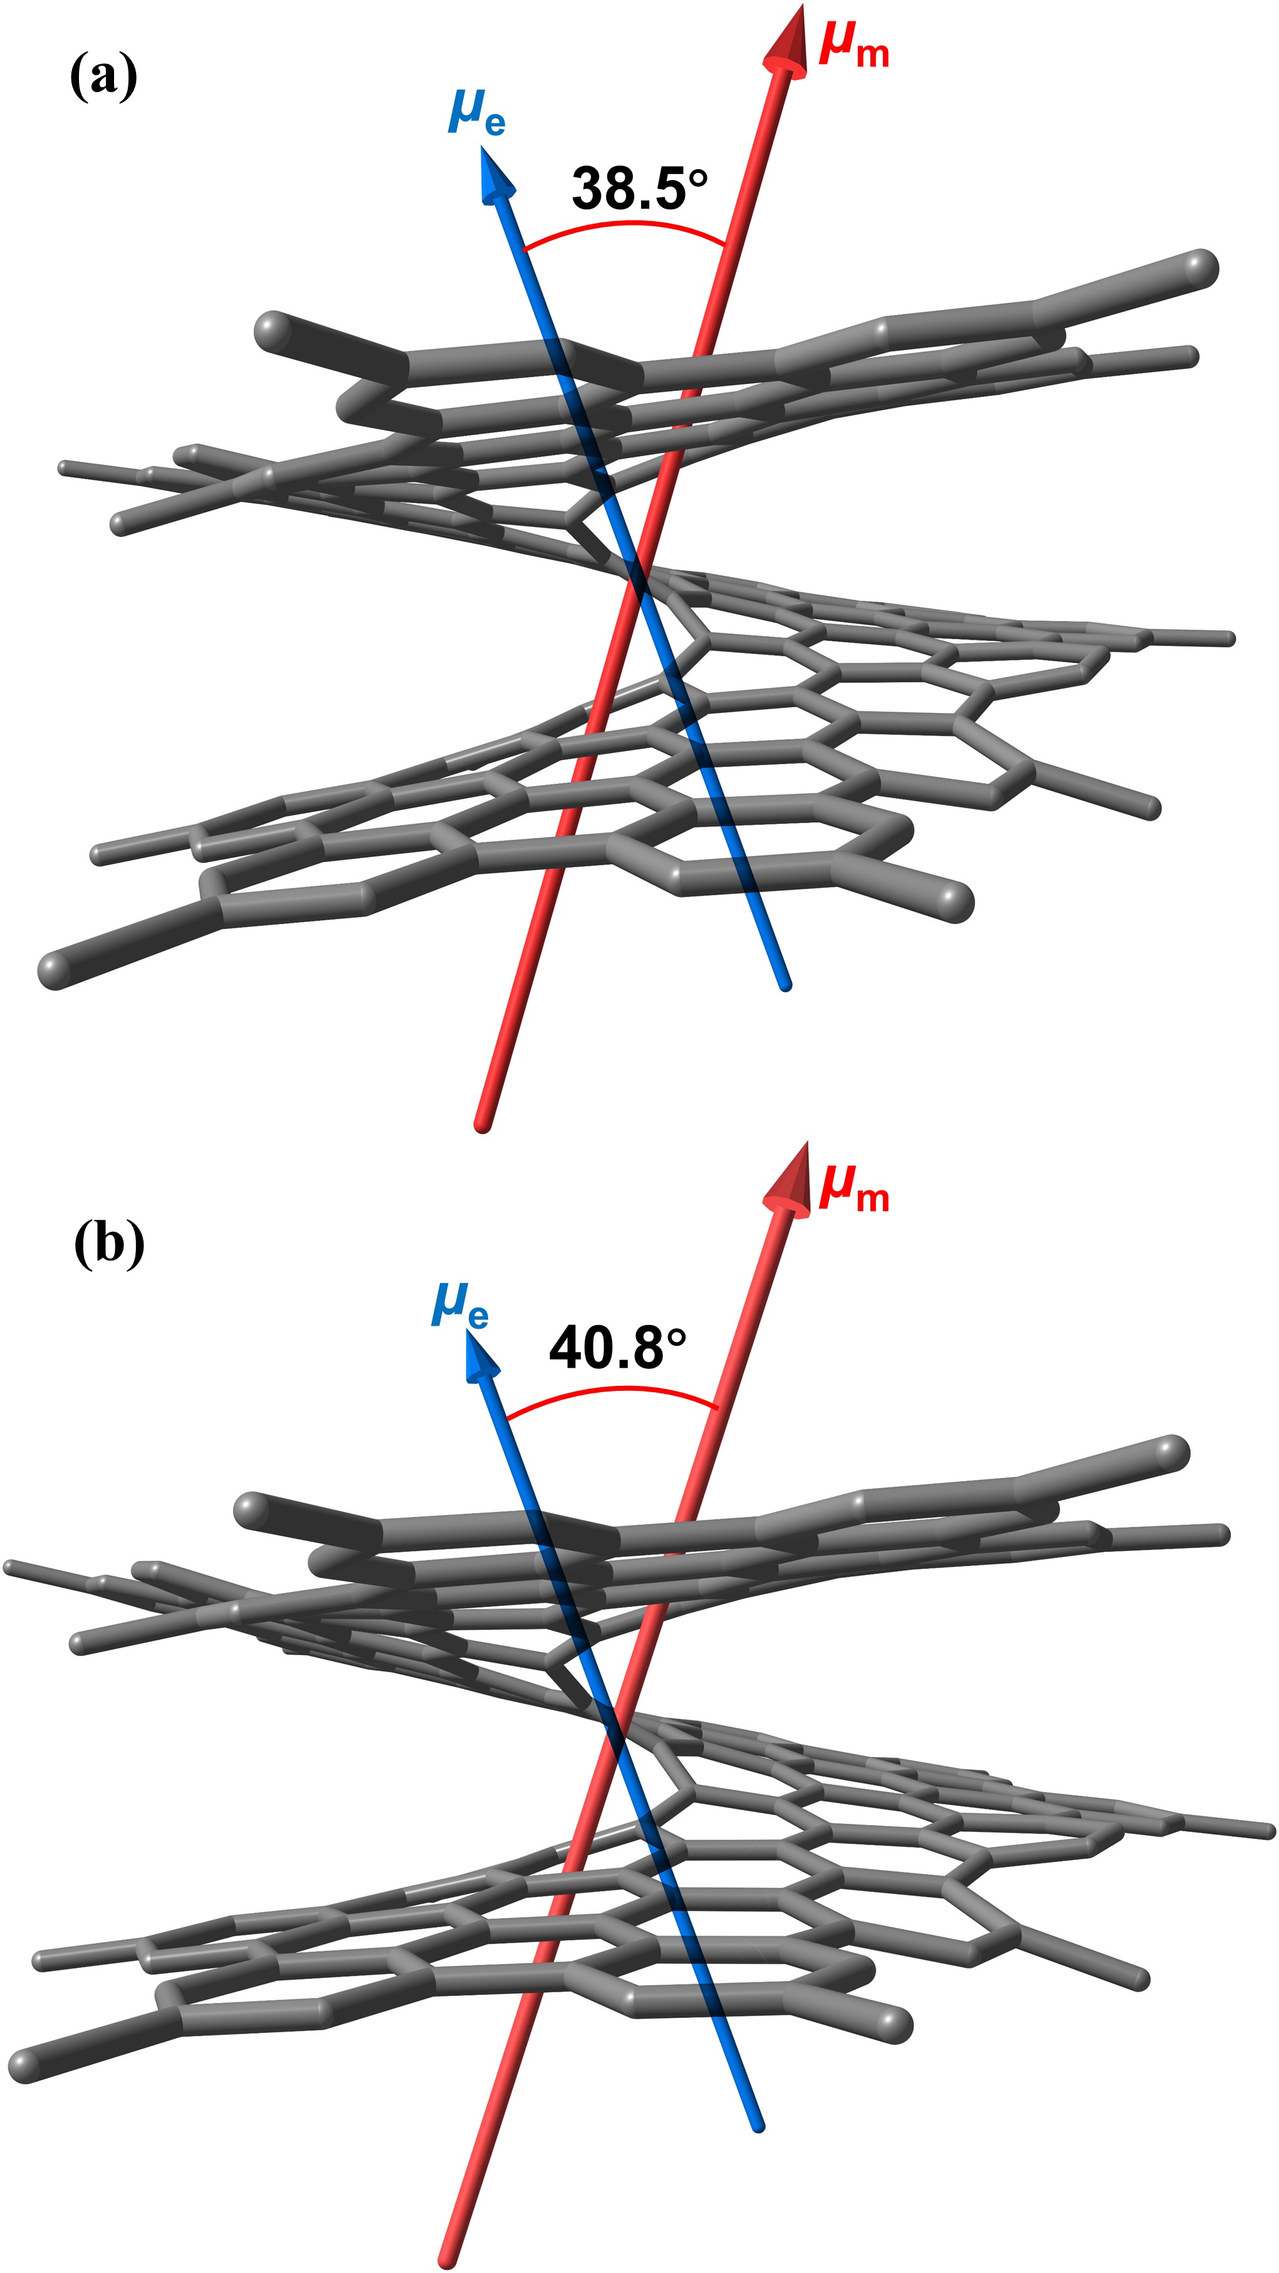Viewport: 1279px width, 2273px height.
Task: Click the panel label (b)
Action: click(108, 1245)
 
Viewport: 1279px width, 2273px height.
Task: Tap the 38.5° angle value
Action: click(639, 188)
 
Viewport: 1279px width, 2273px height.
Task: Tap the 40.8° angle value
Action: click(616, 1348)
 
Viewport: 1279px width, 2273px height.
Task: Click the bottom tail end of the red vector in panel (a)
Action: click(482, 1125)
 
